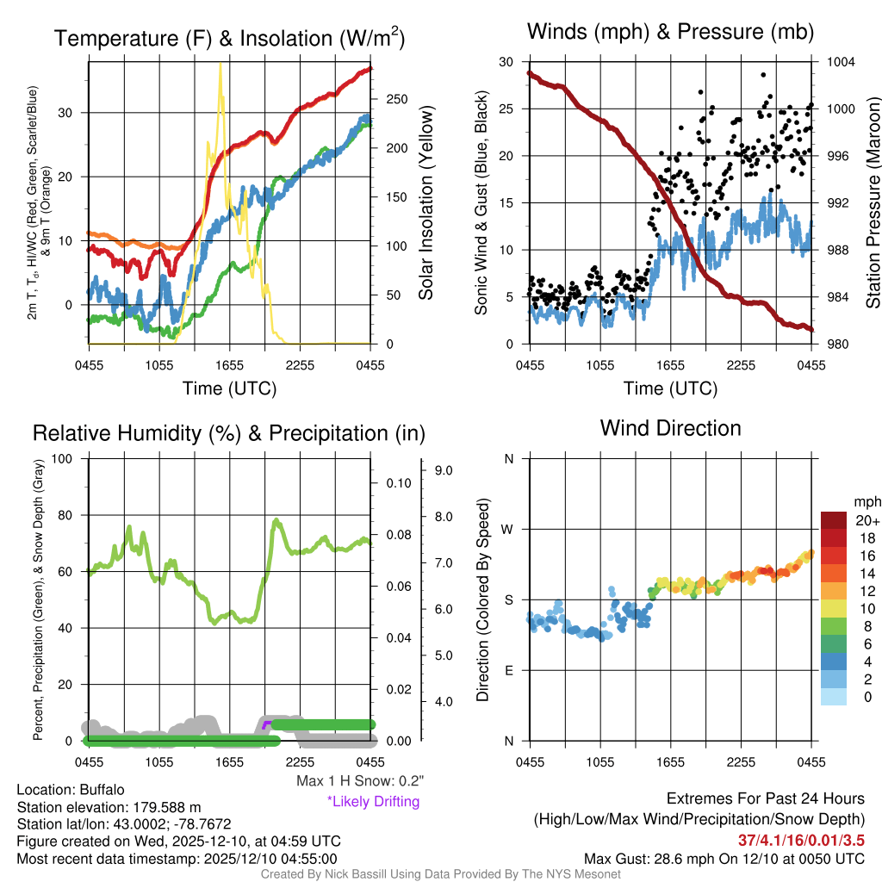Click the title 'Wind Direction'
tap(670, 428)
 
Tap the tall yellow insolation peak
tap(220, 65)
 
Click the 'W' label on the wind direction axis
tap(509, 529)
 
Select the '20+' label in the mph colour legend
tap(867, 520)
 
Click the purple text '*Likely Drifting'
tap(373, 801)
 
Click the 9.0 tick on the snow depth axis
tap(444, 470)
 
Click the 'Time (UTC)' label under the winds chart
tap(670, 388)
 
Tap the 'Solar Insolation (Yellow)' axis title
tap(425, 203)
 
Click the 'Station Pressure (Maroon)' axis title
tap(873, 203)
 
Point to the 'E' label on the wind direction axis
tap(509, 670)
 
